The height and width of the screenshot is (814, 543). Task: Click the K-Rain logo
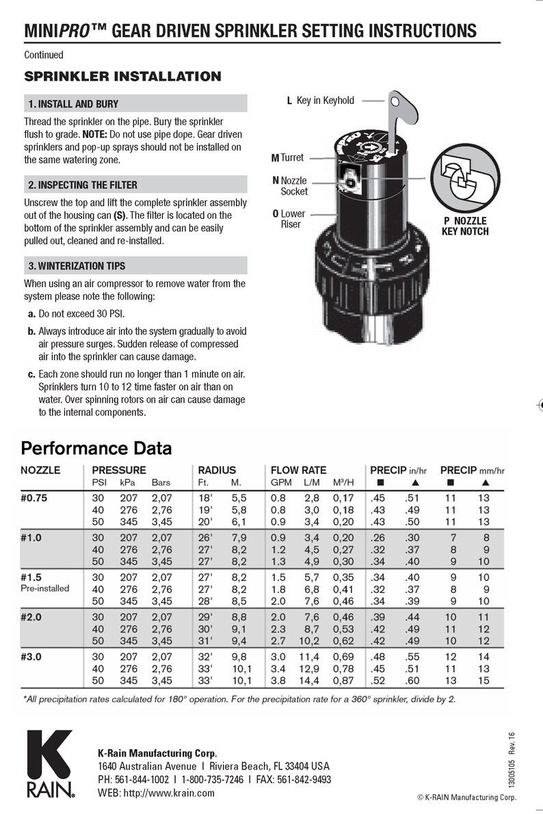[x=49, y=763]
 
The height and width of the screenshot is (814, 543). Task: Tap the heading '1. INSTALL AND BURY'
[x=72, y=104]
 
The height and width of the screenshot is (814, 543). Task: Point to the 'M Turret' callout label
[x=287, y=157]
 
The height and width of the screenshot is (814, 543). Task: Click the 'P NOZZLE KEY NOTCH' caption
[x=465, y=226]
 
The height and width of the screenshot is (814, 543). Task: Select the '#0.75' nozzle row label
[x=34, y=498]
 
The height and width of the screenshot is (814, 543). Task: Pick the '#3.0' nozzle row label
[x=31, y=655]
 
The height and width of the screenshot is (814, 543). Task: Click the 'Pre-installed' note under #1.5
[x=45, y=588]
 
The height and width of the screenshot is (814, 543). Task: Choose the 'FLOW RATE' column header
[x=298, y=470]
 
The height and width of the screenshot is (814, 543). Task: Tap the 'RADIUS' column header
[x=217, y=470]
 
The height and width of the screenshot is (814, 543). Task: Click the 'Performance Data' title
[x=96, y=449]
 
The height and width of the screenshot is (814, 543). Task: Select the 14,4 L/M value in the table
[x=311, y=681]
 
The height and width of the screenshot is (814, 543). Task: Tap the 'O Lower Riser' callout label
[x=289, y=219]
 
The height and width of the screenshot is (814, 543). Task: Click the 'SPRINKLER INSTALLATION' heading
[x=122, y=76]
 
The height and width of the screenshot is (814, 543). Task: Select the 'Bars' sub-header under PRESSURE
[x=161, y=482]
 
